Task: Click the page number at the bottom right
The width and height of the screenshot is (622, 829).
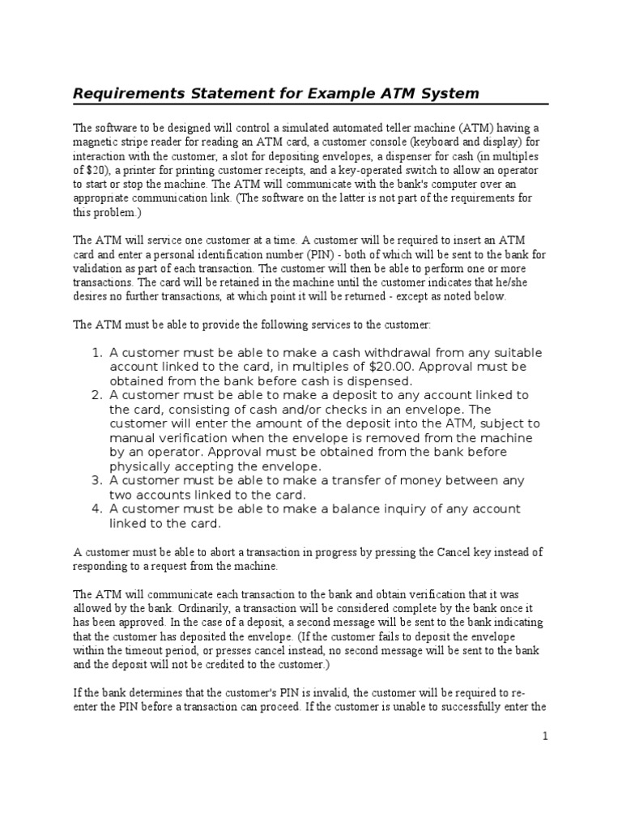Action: pos(545,736)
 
